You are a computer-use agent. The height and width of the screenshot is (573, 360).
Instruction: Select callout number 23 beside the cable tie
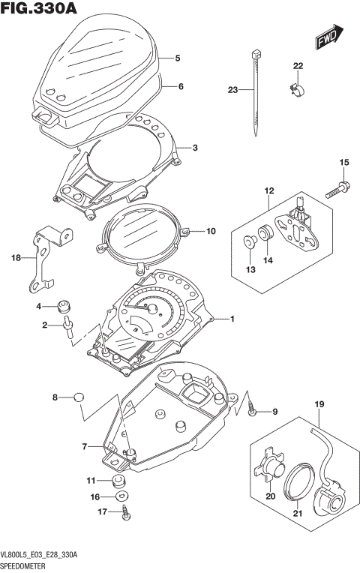[x=232, y=90]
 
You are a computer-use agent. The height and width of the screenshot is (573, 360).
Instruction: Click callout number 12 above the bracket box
[x=268, y=191]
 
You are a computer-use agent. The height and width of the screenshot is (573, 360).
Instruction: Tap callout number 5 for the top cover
[x=178, y=58]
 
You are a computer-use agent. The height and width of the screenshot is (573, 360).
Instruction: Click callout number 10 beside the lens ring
[x=210, y=231]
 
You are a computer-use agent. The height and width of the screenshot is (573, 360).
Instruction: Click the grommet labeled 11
[x=117, y=480]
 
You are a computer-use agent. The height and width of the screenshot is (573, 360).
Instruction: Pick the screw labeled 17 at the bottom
[x=124, y=513]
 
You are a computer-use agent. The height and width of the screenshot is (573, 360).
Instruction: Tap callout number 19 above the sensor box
[x=318, y=406]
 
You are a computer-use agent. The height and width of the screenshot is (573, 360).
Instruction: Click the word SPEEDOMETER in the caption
[x=25, y=564]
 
